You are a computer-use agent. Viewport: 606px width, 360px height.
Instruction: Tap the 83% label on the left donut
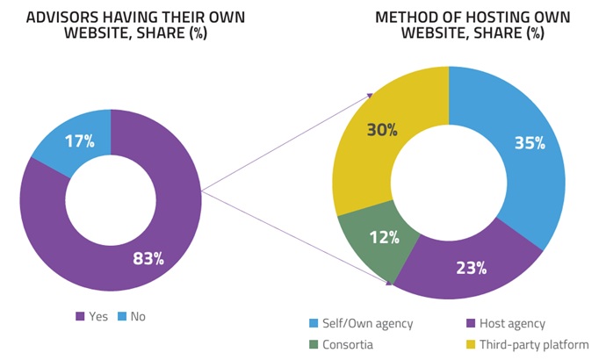(x=148, y=257)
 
